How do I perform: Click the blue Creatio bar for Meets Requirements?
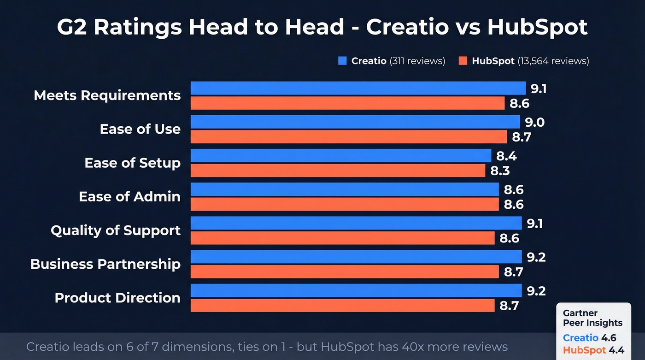pos(358,88)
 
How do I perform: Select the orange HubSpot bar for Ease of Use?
pos(349,137)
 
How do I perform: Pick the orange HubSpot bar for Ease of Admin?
pos(345,204)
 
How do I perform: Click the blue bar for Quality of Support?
pos(356,223)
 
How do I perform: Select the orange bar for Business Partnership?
pos(345,271)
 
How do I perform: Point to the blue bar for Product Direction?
pos(356,290)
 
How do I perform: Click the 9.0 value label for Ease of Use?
pos(535,122)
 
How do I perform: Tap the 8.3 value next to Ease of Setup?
pos(500,171)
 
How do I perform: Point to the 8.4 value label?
pos(506,156)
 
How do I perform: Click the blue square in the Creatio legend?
pos(342,61)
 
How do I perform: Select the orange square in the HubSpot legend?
pos(463,61)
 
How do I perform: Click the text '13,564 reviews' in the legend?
pos(553,61)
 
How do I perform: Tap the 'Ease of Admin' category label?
pos(129,196)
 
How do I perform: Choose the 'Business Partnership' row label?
pos(105,264)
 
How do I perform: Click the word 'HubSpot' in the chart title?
pos(537,27)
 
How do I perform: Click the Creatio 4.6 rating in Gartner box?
pos(589,338)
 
